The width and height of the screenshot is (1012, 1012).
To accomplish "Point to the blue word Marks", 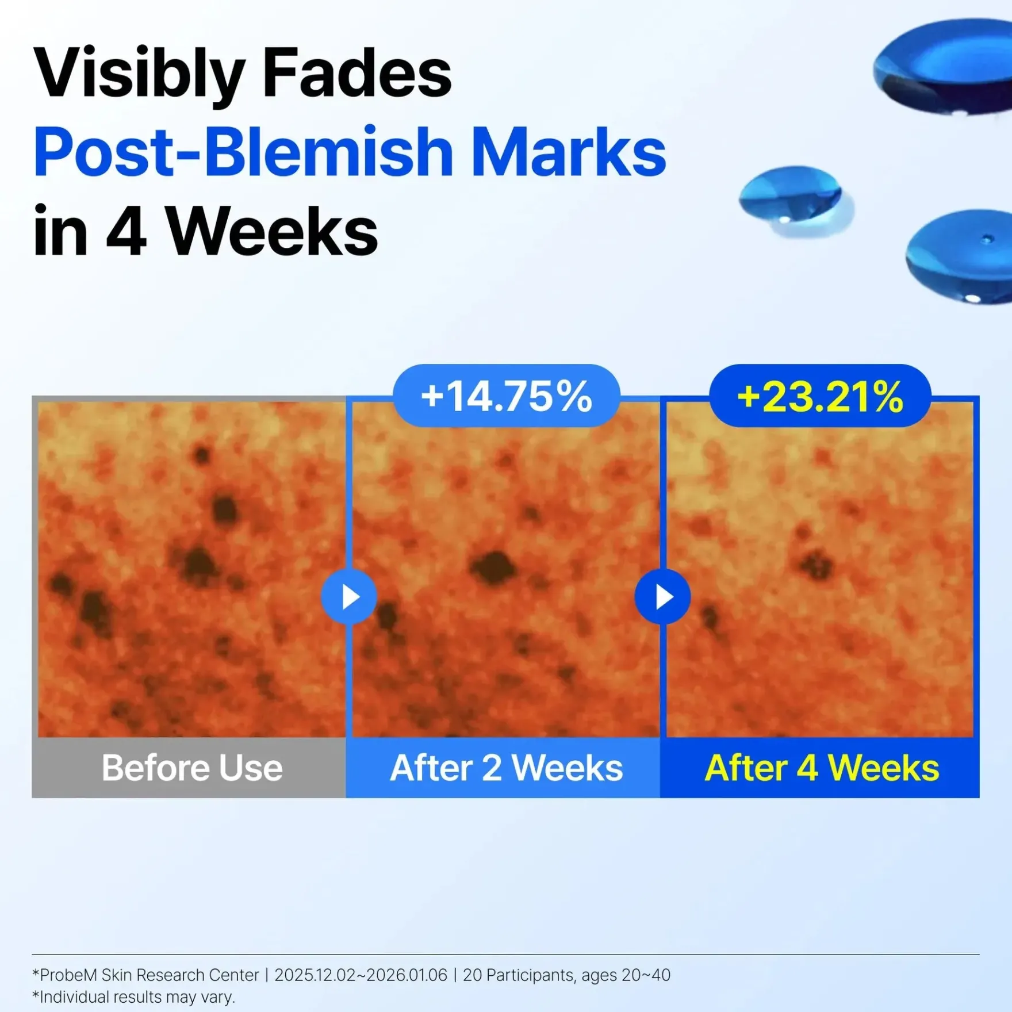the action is [569, 151].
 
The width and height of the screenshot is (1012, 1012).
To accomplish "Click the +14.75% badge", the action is [506, 396].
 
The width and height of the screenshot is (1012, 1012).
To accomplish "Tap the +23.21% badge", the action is [820, 396].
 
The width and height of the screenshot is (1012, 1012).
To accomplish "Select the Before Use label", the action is [192, 768].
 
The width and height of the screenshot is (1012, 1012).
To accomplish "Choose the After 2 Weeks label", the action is [506, 768].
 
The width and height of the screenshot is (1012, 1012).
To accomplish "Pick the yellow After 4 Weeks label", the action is [822, 768].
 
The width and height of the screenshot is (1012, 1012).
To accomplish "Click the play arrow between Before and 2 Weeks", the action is [349, 597].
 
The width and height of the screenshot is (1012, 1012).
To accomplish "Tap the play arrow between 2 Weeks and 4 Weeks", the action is [662, 597].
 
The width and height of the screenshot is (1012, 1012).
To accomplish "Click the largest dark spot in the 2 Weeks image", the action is [493, 566].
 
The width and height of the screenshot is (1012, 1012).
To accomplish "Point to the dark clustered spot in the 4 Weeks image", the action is [815, 563].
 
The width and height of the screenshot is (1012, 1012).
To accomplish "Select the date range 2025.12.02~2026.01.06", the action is [361, 975].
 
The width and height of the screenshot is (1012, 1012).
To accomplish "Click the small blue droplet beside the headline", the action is [793, 198].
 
